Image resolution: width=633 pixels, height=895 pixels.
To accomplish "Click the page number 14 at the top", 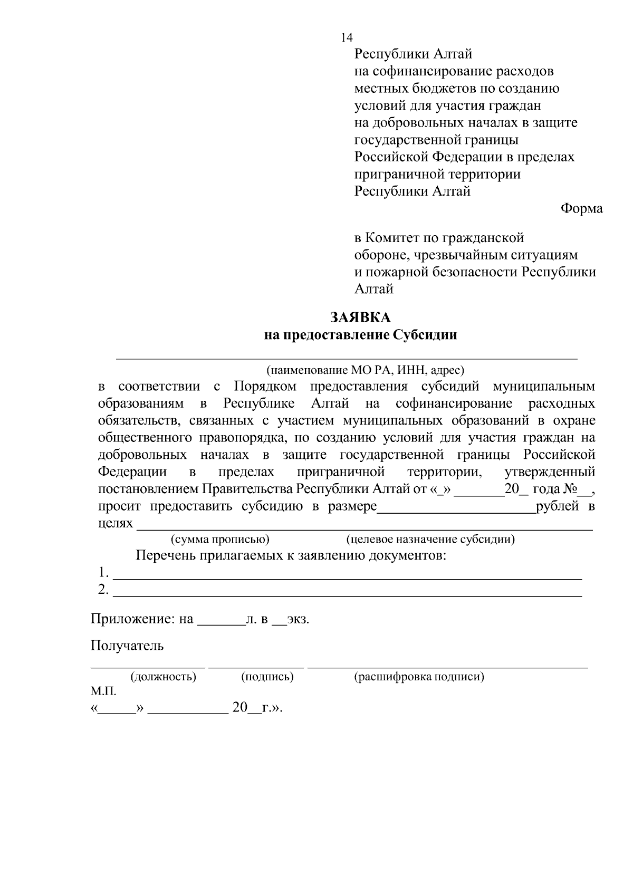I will [347, 37].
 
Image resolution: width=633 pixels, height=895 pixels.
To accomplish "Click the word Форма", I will [581, 209].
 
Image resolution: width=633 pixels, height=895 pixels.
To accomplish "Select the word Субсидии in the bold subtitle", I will [425, 335].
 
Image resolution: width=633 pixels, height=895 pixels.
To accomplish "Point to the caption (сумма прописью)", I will [220, 539].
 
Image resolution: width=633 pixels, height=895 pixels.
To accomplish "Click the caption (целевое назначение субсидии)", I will [430, 539].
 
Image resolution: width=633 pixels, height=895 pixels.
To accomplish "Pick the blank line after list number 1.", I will [348, 578].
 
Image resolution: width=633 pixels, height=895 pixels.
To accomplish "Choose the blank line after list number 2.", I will [348, 595].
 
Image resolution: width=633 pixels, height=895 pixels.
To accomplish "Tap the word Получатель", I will [127, 646].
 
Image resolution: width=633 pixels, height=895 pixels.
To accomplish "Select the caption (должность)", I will [163, 677].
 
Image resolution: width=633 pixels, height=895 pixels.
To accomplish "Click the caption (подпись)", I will [267, 677].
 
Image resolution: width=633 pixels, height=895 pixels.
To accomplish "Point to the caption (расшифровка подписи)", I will [419, 677].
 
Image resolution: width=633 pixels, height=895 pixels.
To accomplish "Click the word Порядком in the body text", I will [265, 387].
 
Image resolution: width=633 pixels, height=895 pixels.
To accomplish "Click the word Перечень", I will [166, 556].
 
